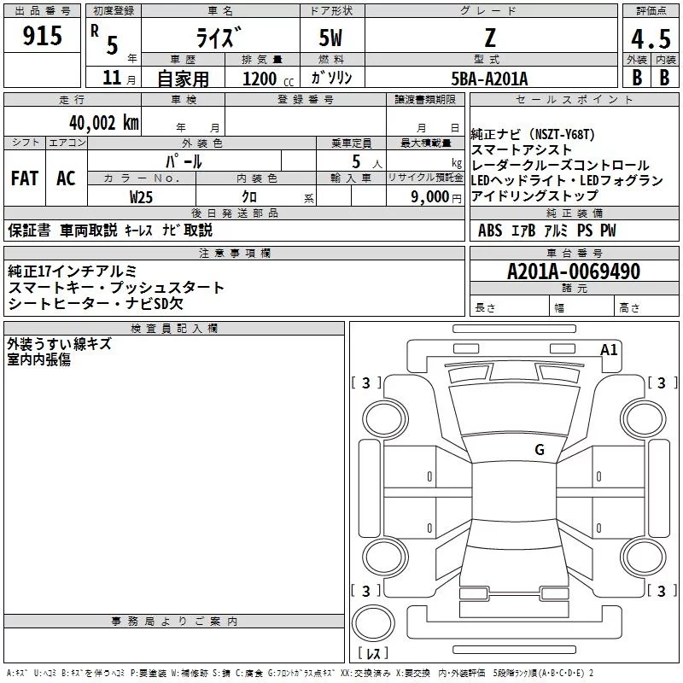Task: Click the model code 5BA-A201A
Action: pyautogui.click(x=489, y=79)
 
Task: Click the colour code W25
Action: pyautogui.click(x=142, y=197)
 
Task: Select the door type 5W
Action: pyautogui.click(x=331, y=37)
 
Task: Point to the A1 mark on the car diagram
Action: pyautogui.click(x=609, y=349)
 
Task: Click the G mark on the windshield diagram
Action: pyautogui.click(x=539, y=449)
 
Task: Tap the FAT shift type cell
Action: pyautogui.click(x=25, y=178)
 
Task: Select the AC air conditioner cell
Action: pyautogui.click(x=66, y=178)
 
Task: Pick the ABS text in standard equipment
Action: pyautogui.click(x=490, y=231)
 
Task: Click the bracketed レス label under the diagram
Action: pyautogui.click(x=372, y=655)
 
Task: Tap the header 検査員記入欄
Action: pyautogui.click(x=174, y=329)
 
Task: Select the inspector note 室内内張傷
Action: pyautogui.click(x=39, y=359)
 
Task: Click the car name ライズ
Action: pyautogui.click(x=220, y=37)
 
